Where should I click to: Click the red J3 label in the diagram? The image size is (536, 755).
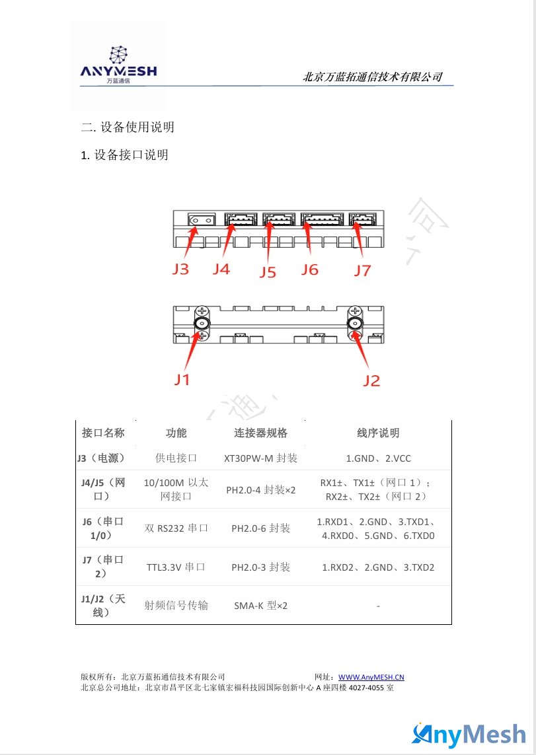click(x=180, y=269)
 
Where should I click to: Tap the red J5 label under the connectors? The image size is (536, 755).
click(x=268, y=272)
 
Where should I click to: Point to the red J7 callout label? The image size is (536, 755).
click(x=363, y=271)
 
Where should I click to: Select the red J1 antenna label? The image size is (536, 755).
click(x=182, y=379)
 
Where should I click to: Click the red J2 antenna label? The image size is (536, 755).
click(x=371, y=381)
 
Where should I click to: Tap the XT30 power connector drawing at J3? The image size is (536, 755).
click(x=202, y=221)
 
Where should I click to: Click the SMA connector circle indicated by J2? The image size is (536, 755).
click(x=356, y=324)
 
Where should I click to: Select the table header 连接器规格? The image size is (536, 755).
click(x=260, y=433)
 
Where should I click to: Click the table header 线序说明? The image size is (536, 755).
click(x=378, y=433)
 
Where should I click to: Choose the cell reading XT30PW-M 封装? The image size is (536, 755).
click(x=260, y=458)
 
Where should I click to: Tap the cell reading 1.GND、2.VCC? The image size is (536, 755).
click(x=379, y=458)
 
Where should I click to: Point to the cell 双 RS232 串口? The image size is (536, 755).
click(x=176, y=528)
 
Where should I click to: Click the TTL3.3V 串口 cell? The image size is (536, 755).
click(x=176, y=567)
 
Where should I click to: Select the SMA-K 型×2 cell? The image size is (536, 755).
click(x=260, y=606)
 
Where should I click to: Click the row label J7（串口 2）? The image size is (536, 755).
click(x=102, y=567)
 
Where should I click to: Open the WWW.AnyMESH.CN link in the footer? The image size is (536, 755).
click(x=371, y=677)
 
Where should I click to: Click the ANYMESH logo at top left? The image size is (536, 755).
click(x=118, y=65)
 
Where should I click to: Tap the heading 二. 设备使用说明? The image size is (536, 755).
click(x=128, y=127)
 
